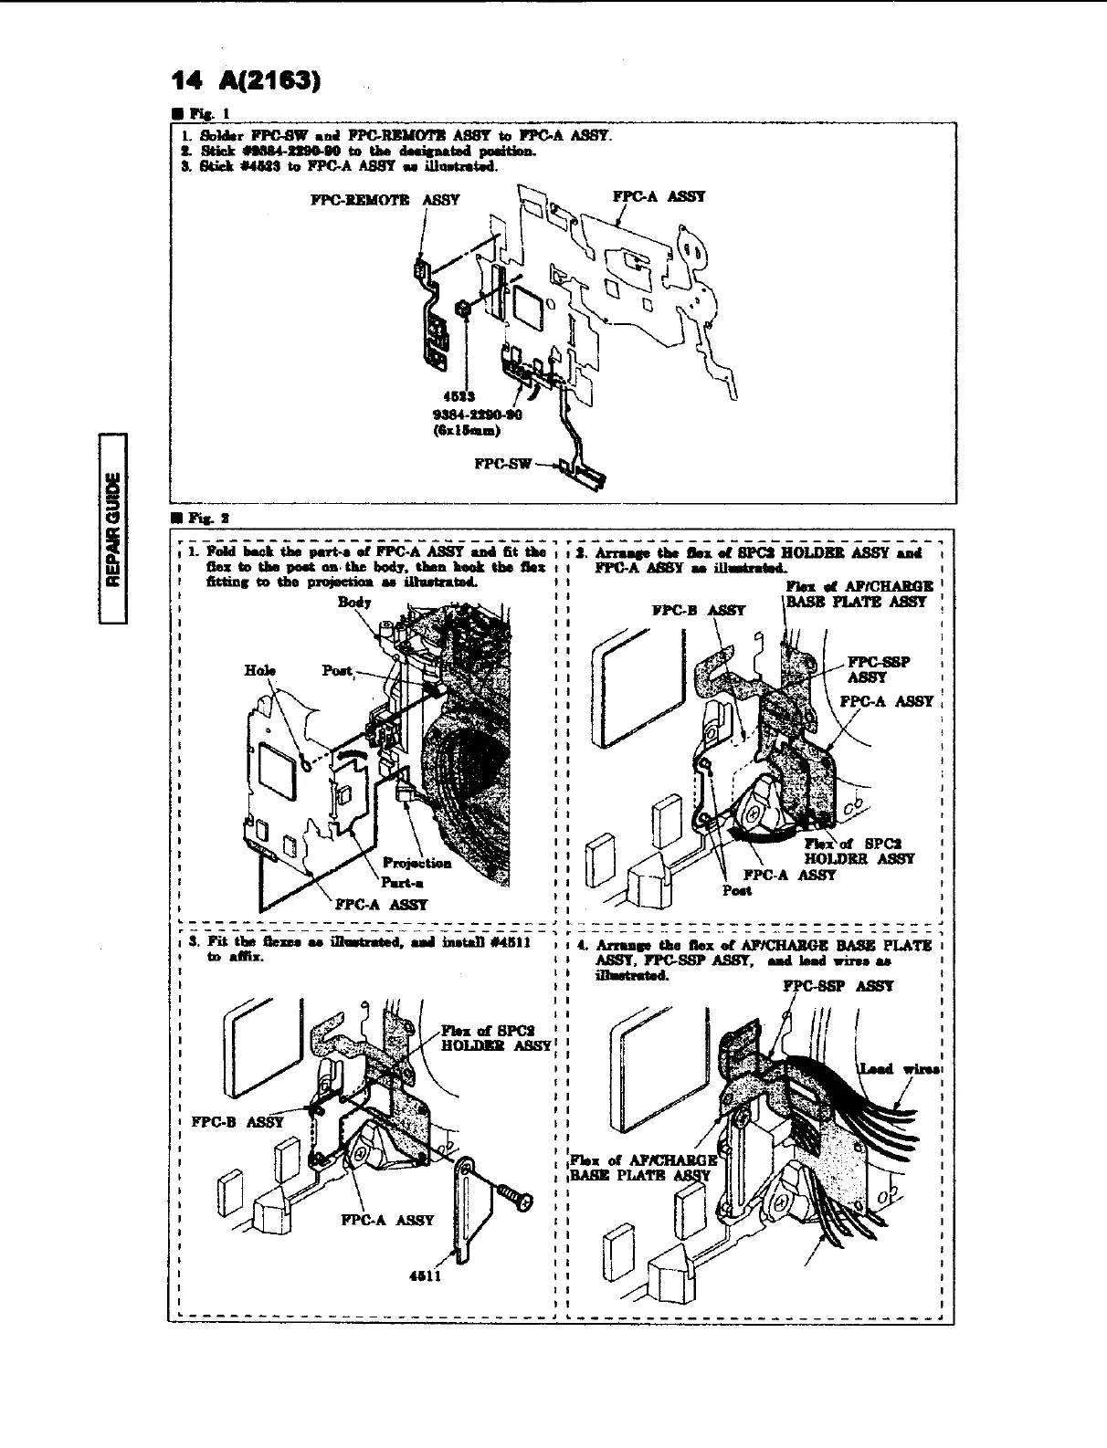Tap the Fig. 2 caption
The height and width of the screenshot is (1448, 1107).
tap(203, 517)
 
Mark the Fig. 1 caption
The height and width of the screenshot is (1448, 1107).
tap(202, 116)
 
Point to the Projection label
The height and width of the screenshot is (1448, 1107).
tap(416, 863)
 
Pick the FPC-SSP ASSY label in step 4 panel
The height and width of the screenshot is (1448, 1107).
tap(838, 986)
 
